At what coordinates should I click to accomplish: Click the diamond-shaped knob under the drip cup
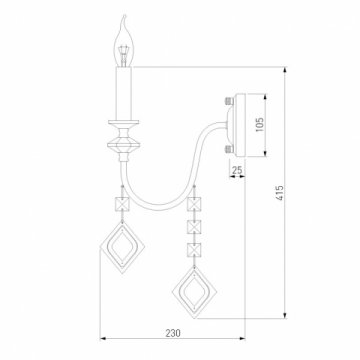coord(124,144)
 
